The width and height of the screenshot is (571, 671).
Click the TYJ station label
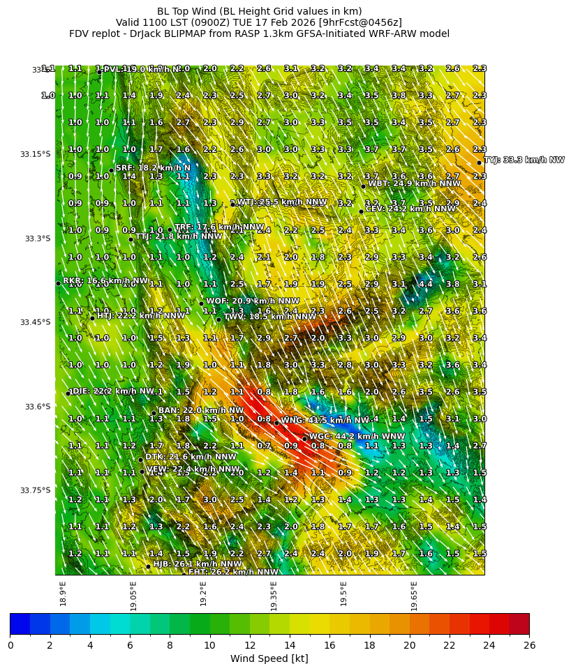[524, 160]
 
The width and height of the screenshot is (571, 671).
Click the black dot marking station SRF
[111, 170]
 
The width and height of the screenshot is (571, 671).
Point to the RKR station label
[105, 280]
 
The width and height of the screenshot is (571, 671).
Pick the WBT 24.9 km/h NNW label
[414, 183]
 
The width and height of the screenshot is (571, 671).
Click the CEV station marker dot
[361, 211]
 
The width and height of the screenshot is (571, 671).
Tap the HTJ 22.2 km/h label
[141, 315]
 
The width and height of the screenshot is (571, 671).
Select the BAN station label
[201, 410]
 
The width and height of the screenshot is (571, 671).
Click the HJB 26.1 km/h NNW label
[198, 564]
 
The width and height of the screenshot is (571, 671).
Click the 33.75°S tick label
[36, 490]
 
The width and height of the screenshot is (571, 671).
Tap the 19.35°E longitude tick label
[274, 596]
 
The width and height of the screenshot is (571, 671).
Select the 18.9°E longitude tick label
[63, 594]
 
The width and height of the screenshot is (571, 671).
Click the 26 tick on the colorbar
[529, 646]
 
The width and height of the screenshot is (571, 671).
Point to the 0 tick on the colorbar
[10, 646]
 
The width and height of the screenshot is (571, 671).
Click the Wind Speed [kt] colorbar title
[269, 658]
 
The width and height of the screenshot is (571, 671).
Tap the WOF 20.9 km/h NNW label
[252, 301]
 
